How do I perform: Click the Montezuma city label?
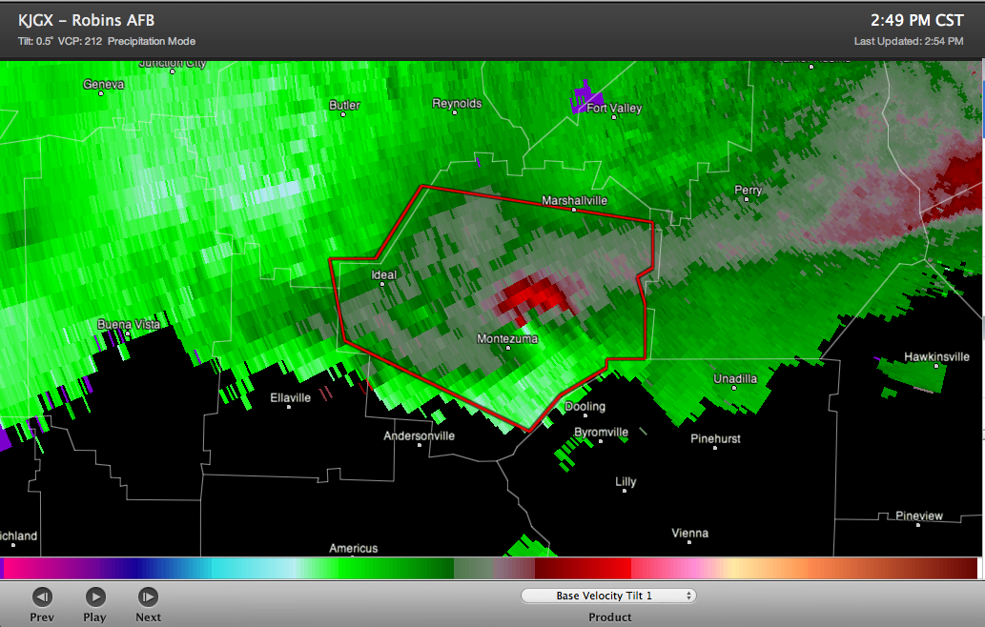point(507,339)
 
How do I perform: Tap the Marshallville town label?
point(574,201)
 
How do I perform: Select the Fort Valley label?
point(614,109)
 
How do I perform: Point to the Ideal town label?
point(383,275)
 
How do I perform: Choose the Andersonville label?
point(419,436)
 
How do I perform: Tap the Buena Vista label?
point(129,325)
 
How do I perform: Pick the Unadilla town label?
point(735,379)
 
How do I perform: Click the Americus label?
point(354,549)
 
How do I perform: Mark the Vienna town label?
point(690,534)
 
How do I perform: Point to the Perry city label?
point(749,191)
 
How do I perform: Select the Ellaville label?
point(290,398)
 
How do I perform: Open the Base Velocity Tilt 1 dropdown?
point(608,596)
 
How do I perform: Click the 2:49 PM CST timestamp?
point(917,20)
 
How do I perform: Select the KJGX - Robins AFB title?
point(86,20)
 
